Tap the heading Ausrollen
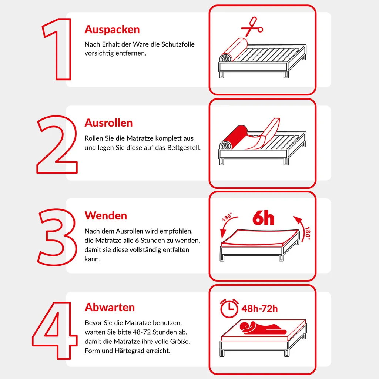click(x=108, y=123)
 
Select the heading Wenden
click(x=106, y=215)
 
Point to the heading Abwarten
click(x=110, y=308)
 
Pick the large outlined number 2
click(x=57, y=144)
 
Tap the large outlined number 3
click(x=57, y=237)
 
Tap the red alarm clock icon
click(x=229, y=308)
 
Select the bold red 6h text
click(x=263, y=218)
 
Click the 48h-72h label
click(x=259, y=309)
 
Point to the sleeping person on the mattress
click(x=262, y=327)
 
